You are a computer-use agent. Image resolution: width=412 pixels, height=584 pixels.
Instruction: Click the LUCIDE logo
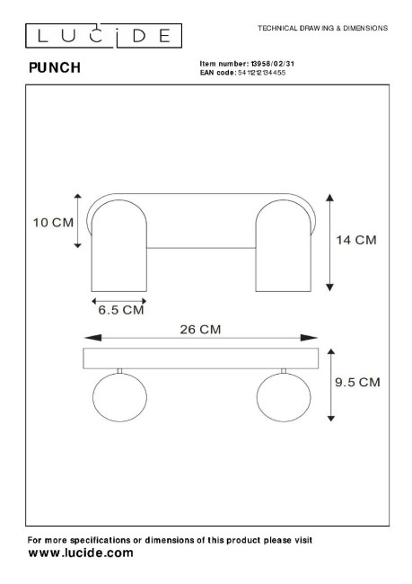[103, 36]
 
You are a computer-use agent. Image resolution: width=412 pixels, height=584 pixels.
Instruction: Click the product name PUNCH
[55, 67]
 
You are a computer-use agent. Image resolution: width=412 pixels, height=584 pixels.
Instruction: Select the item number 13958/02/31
[273, 64]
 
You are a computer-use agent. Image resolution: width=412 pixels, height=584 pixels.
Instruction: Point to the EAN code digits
[261, 73]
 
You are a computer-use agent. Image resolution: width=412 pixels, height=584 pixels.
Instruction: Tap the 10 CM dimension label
[53, 223]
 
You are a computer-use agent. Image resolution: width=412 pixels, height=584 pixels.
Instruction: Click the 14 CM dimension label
[356, 240]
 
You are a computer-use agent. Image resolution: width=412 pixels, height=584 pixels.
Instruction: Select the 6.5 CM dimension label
[121, 310]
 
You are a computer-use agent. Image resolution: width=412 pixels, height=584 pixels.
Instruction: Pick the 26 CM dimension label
[200, 329]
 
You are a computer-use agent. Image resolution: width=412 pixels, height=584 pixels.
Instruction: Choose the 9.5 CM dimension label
[357, 382]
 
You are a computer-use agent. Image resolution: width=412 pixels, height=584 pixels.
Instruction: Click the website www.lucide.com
[81, 553]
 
